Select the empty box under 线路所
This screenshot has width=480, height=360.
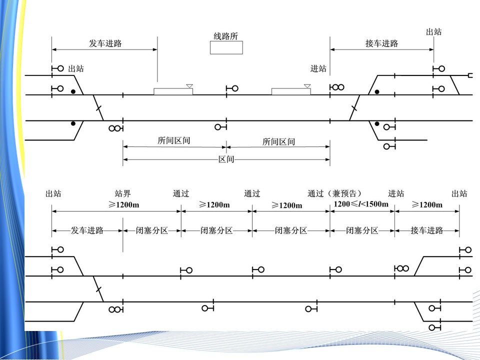point(226,47)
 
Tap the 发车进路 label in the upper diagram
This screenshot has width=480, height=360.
point(105,43)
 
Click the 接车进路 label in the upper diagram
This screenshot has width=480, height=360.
point(381,43)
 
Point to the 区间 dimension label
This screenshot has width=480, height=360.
point(226,159)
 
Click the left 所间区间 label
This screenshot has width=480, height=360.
point(174,141)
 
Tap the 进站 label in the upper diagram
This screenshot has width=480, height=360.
point(318,69)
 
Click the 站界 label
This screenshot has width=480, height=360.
point(123,193)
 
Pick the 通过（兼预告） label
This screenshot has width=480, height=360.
point(334,193)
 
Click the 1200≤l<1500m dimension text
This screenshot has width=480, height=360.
point(361,204)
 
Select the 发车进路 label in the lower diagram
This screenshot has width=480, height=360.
point(87,230)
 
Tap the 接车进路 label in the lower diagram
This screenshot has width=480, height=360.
point(427,230)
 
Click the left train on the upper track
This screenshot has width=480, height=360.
point(173,91)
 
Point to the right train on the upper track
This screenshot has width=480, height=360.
point(290,91)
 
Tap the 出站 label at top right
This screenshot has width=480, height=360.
point(433,32)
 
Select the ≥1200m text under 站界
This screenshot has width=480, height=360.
point(123,204)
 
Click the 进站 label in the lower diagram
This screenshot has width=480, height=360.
point(396,193)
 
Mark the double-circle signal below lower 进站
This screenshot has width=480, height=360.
point(402,268)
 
